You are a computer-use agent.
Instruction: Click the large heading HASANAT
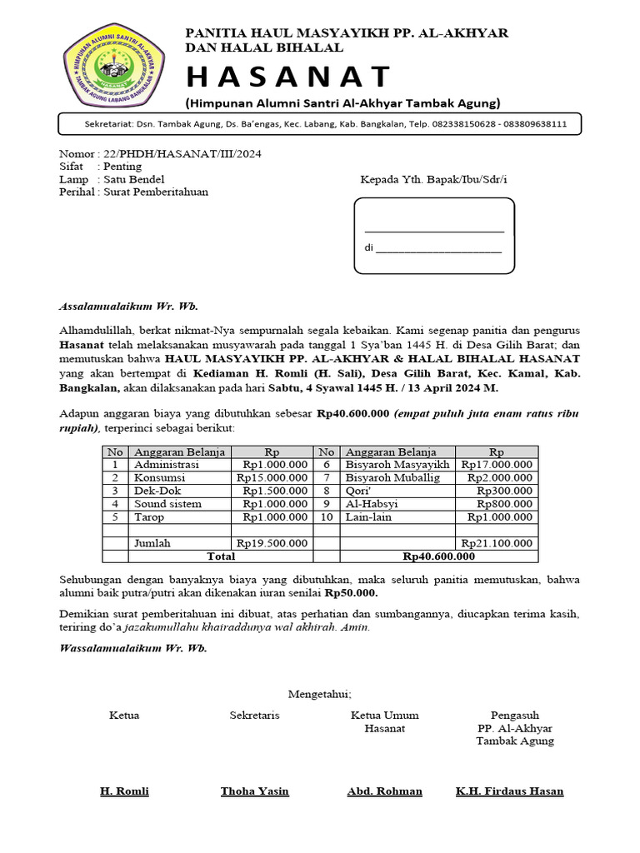point(287,77)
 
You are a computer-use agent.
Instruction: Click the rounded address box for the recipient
point(433,236)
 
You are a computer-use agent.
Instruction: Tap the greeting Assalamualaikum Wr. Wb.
point(128,306)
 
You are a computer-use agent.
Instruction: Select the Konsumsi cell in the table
point(160,478)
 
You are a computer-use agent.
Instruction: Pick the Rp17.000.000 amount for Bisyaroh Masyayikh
point(497,465)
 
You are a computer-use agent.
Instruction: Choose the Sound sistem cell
point(168,504)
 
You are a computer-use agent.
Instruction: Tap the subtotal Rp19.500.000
point(272,543)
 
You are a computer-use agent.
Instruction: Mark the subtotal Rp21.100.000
point(497,543)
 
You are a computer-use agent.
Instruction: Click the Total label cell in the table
point(221,556)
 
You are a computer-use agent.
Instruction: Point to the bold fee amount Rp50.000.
point(351,593)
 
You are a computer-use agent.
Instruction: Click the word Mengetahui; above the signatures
point(320,694)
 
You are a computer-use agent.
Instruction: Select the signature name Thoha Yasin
point(255,791)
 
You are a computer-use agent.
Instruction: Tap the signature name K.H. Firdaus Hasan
point(509,791)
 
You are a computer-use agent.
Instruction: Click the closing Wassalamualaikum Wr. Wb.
point(133,647)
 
